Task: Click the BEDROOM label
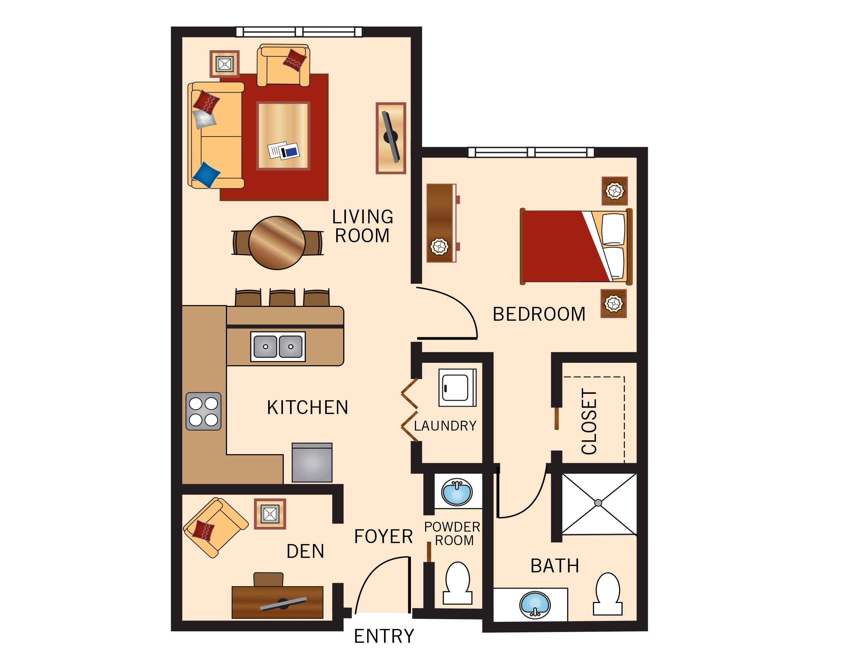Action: [x=539, y=314]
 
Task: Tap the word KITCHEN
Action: [x=308, y=407]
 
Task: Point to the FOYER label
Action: [x=383, y=537]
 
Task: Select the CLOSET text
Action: [x=589, y=421]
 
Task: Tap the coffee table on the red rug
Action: [x=283, y=136]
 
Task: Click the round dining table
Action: [x=277, y=243]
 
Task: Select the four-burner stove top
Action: [x=203, y=411]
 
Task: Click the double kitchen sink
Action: [x=278, y=346]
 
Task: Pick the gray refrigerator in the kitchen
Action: [x=312, y=463]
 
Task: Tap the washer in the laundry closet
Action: [x=457, y=387]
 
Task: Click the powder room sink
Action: [x=457, y=492]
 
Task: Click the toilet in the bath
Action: [x=608, y=594]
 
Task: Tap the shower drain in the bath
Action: [x=598, y=503]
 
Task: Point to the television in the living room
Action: [x=390, y=137]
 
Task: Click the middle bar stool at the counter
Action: [x=282, y=298]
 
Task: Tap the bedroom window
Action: [x=531, y=152]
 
